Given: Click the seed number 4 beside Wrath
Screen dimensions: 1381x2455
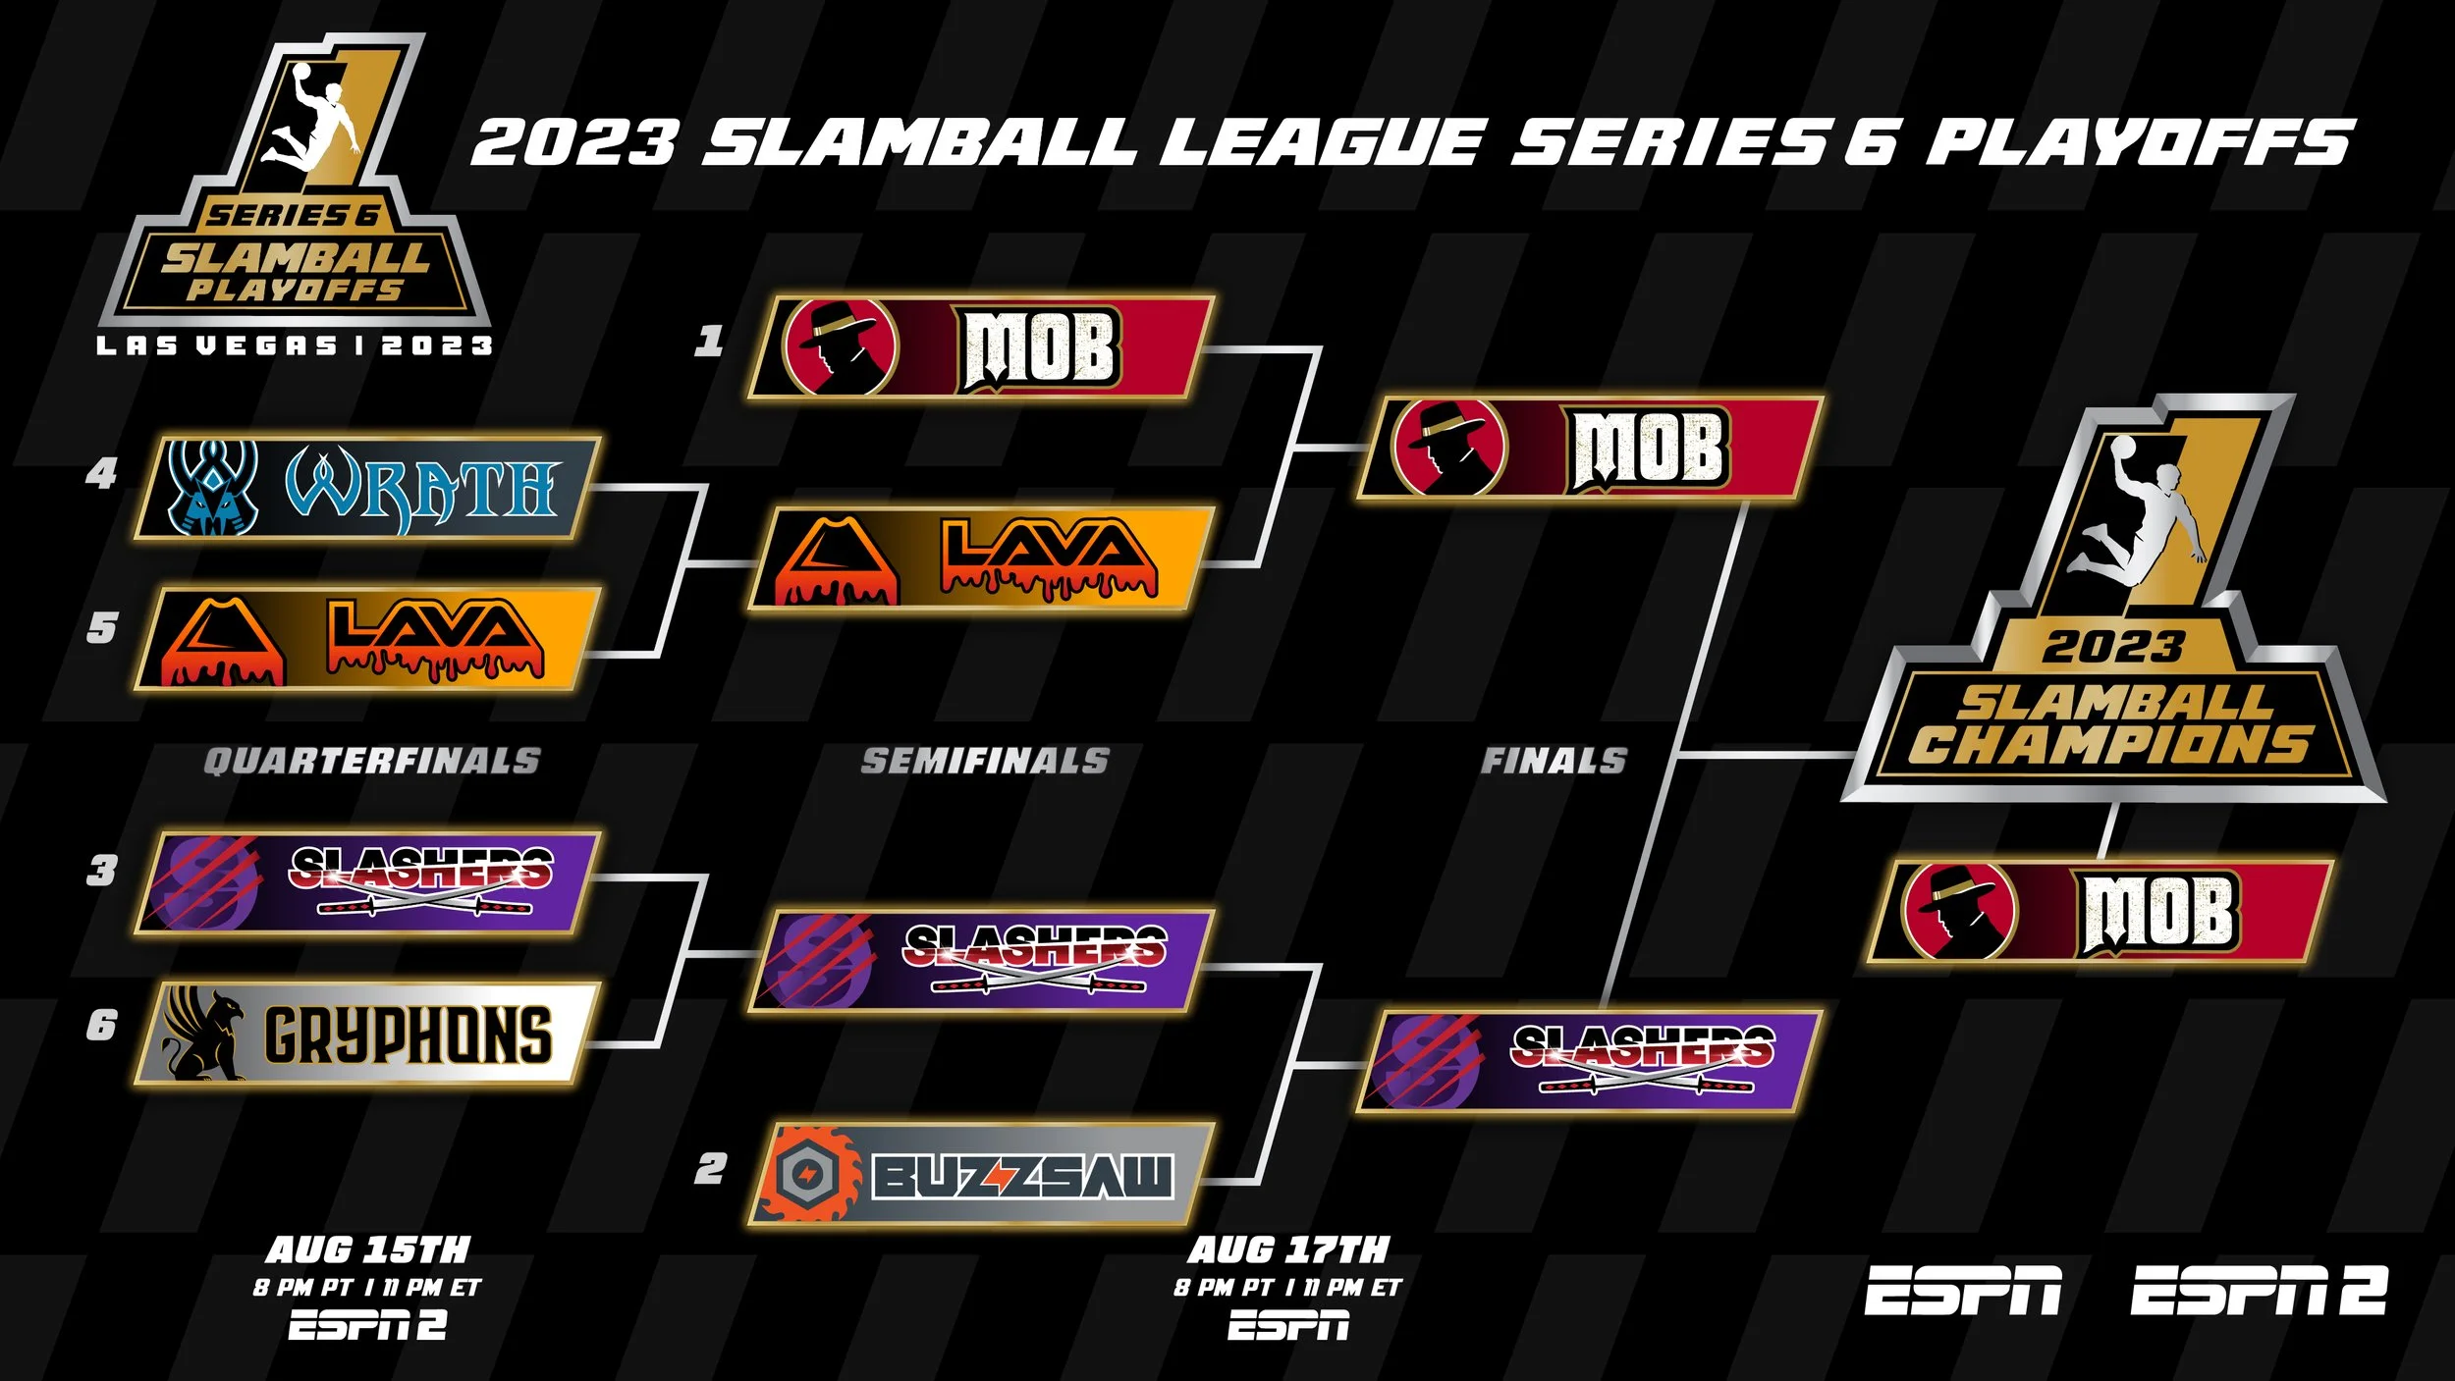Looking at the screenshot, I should tap(101, 475).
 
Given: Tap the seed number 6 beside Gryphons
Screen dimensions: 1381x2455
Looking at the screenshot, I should tap(101, 1026).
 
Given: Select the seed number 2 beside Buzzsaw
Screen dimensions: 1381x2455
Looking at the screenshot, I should tap(710, 1169).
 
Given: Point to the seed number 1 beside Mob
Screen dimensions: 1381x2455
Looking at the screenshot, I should tap(709, 342).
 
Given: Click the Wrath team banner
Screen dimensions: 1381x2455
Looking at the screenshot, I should tap(367, 488).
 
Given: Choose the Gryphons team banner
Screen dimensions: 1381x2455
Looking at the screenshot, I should tap(367, 1034).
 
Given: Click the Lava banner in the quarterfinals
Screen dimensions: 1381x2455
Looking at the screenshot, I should tap(367, 639).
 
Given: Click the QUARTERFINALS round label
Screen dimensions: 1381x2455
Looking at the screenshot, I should tap(372, 761).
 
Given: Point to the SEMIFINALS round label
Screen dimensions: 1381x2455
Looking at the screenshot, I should tap(985, 761).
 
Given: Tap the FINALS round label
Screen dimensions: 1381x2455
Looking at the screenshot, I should tap(1554, 761).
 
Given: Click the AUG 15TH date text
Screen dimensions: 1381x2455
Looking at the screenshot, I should tap(368, 1249).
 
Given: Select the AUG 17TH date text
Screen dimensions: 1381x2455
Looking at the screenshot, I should tap(1288, 1249).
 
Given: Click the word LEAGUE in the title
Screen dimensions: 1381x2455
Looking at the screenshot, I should tap(1322, 143).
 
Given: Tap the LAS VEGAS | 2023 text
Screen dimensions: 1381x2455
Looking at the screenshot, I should tap(295, 345).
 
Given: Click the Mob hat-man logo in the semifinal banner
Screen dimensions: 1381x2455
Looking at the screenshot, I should tap(841, 346).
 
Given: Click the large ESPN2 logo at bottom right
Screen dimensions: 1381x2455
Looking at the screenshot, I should tap(2258, 1290).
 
